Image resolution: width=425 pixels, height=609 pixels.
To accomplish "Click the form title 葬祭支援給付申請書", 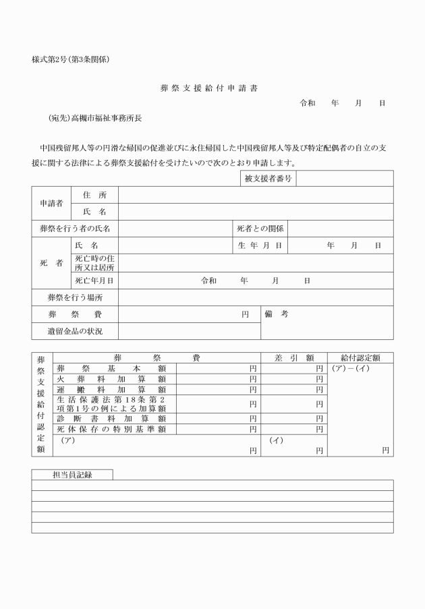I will [x=209, y=88].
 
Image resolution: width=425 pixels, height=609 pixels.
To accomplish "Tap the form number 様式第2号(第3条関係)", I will [x=71, y=59].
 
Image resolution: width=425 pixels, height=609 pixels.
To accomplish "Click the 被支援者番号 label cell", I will [x=268, y=179].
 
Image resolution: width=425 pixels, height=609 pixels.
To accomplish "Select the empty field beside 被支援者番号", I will [x=344, y=179].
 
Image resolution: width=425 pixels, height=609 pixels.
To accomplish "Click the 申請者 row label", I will [x=51, y=203].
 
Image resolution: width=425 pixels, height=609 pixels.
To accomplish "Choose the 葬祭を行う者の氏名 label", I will [x=75, y=229].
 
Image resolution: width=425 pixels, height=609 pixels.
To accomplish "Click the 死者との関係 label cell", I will [x=260, y=229].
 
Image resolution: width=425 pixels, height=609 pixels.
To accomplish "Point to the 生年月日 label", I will [x=260, y=245].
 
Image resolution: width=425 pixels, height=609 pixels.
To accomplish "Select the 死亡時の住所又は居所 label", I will [x=94, y=262].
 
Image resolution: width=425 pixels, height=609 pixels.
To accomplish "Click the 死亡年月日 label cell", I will [x=94, y=281].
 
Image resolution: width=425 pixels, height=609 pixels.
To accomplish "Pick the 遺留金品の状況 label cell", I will [x=75, y=331].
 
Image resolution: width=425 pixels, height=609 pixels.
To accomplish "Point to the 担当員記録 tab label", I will [x=72, y=474].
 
